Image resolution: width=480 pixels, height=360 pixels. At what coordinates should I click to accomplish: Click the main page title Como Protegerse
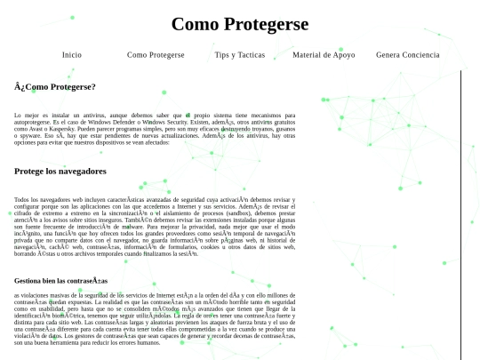tap(240, 24)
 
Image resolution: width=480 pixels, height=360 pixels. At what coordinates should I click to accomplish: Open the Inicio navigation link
tap(72, 55)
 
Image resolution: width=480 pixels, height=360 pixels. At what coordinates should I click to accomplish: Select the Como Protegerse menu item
tap(156, 55)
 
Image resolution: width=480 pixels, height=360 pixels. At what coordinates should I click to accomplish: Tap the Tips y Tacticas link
tap(240, 55)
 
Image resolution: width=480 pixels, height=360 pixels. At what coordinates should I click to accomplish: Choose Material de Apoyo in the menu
tap(324, 55)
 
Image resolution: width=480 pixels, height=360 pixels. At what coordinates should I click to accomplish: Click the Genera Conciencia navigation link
tap(407, 55)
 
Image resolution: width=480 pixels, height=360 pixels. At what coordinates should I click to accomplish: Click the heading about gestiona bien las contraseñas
tap(60, 280)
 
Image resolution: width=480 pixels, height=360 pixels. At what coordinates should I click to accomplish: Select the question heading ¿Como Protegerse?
tap(55, 87)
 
